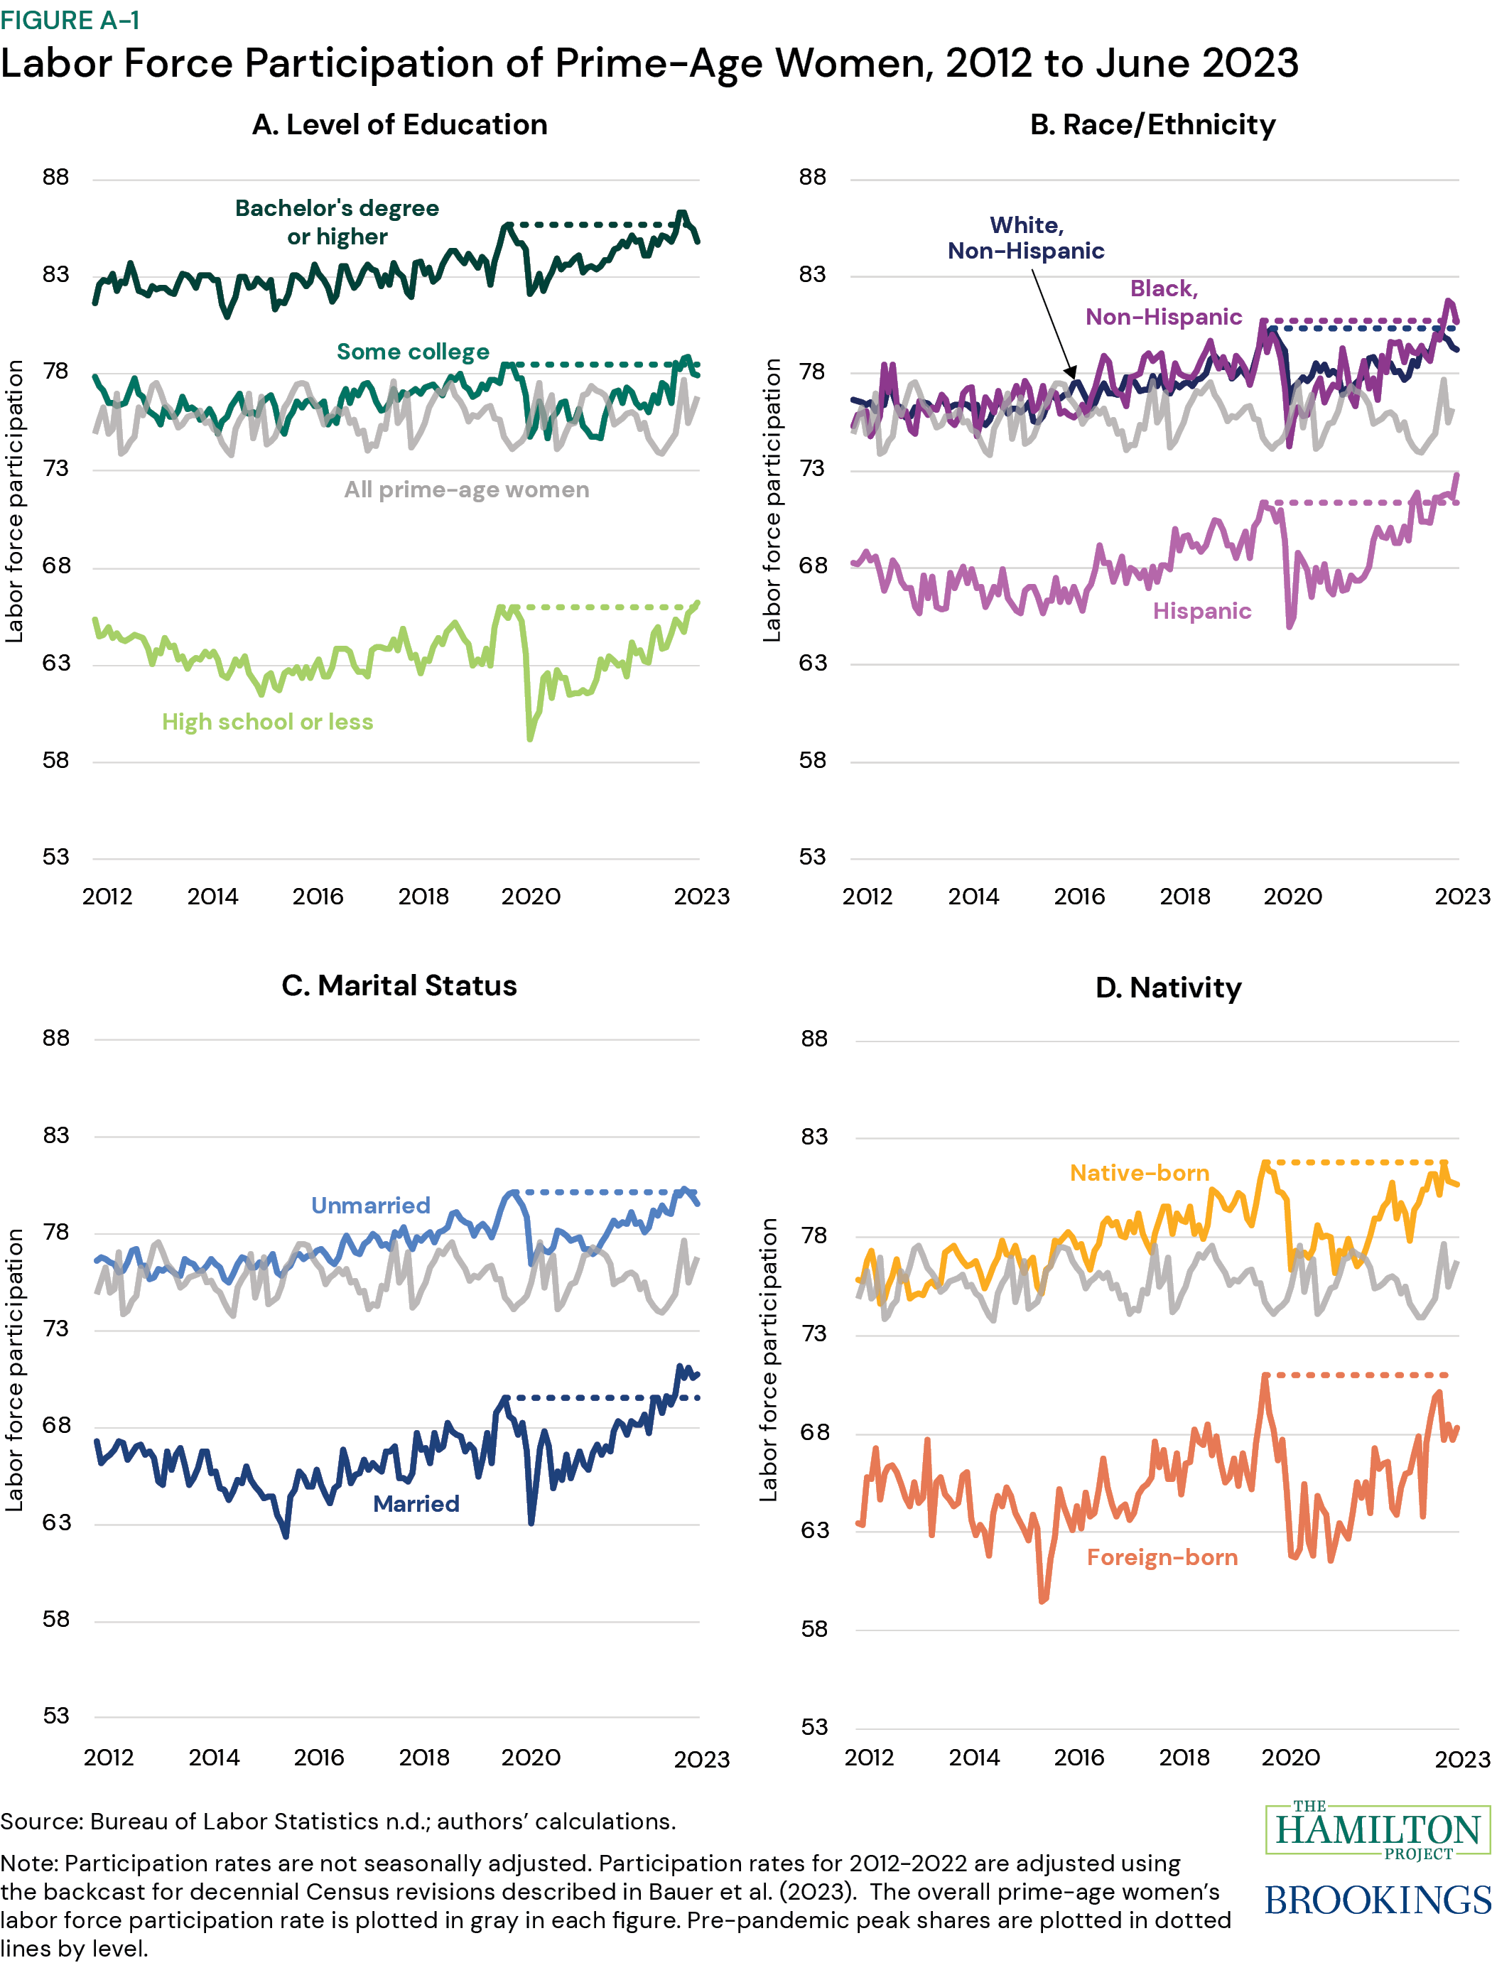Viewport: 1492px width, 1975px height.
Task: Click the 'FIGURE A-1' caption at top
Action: click(x=70, y=20)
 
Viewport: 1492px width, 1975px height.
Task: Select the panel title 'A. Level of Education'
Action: click(x=399, y=124)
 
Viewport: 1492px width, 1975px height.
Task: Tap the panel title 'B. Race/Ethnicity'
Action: click(x=1152, y=124)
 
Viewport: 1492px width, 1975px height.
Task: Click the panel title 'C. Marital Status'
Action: click(x=399, y=985)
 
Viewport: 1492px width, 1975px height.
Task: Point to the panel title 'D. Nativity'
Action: click(x=1168, y=987)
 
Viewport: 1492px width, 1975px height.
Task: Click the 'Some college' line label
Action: click(x=413, y=352)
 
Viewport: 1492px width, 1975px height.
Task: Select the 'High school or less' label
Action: click(x=267, y=721)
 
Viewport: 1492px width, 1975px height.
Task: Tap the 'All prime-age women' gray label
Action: click(x=466, y=489)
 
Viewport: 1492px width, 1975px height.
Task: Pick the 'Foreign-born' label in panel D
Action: click(x=1162, y=1557)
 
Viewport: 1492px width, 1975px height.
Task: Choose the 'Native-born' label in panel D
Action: click(x=1140, y=1172)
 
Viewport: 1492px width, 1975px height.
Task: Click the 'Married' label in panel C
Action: click(x=416, y=1503)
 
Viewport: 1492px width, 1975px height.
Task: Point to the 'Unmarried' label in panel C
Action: click(x=371, y=1206)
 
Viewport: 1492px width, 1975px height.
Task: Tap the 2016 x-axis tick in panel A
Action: click(x=318, y=896)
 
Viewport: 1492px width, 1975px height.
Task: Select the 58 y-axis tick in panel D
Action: click(x=813, y=1628)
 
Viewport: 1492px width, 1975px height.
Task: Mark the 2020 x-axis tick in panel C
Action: click(x=530, y=1757)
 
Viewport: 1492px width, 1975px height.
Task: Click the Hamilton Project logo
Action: click(x=1378, y=1830)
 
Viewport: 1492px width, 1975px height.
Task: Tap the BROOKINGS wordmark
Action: click(x=1378, y=1901)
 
